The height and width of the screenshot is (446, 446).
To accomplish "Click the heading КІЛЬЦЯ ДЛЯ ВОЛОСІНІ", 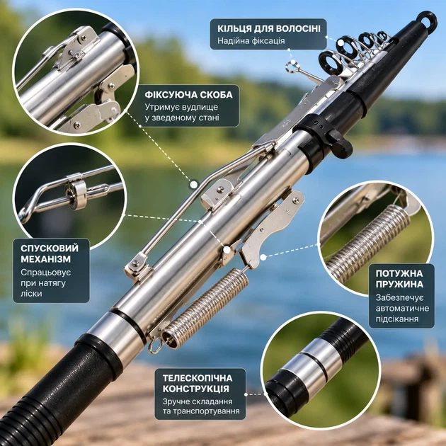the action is tap(269, 29).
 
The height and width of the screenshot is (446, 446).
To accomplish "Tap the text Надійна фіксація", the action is tap(251, 41).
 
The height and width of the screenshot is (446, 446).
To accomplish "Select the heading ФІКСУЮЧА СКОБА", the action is tap(188, 95).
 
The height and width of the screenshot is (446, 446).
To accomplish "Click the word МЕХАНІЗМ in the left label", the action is tap(45, 259).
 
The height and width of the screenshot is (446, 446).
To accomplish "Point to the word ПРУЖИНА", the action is tap(399, 284).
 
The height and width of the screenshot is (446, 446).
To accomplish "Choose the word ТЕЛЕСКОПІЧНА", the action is tap(198, 378).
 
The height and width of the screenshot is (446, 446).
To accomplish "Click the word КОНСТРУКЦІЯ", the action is tap(195, 389).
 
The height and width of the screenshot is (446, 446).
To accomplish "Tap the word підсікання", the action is tap(397, 319).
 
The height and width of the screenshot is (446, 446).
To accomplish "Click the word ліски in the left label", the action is tap(31, 294).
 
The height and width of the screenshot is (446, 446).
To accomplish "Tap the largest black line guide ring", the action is tap(329, 62).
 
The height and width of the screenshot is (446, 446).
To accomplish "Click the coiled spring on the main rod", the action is tap(205, 308).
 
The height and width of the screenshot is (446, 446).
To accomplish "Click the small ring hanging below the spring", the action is tap(156, 347).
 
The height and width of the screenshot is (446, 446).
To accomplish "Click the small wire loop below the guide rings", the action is tap(293, 67).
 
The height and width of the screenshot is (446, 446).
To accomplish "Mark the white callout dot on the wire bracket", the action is tap(194, 185).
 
